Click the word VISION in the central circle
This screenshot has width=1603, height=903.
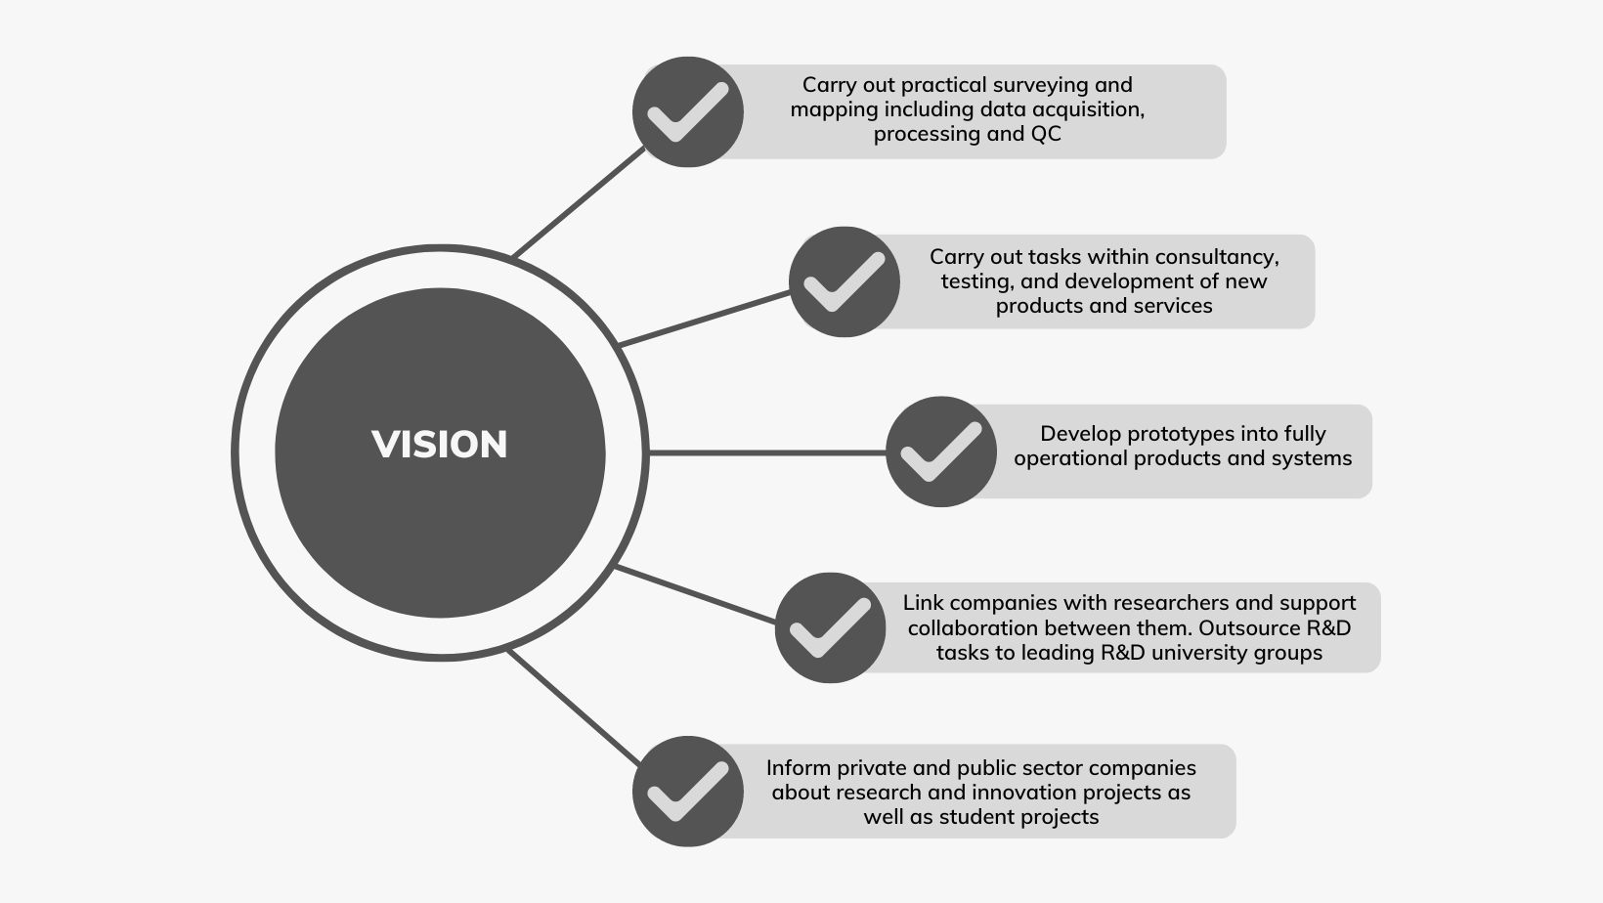pos(440,445)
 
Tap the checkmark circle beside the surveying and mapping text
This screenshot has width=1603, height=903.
pos(688,111)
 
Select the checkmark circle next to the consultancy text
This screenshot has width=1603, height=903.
pos(845,281)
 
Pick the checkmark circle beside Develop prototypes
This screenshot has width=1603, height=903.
pos(941,451)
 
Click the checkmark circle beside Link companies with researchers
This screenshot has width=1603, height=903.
pos(830,627)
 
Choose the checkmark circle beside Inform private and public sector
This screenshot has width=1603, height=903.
pos(688,792)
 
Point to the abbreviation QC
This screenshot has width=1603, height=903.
pos(1045,134)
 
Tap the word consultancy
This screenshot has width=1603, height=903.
pos(1217,257)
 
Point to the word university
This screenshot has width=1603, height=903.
pos(1195,652)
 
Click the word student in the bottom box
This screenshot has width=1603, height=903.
pos(977,817)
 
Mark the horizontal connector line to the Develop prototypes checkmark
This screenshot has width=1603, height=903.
pos(767,452)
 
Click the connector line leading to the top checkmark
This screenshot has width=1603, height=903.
pos(579,203)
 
